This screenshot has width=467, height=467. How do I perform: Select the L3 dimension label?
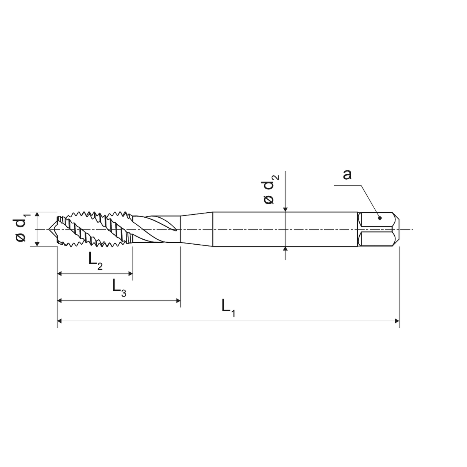[119, 287]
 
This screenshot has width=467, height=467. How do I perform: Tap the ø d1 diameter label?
[21, 229]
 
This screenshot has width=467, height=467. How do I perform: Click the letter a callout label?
[347, 174]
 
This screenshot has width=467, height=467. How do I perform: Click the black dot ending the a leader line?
[380, 218]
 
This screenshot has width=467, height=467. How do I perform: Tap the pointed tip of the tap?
[48, 229]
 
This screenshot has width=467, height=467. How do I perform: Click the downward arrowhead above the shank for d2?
[285, 209]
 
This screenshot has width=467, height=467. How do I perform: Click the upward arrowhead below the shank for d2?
[285, 249]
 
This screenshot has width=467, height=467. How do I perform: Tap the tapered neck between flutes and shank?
[196, 229]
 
